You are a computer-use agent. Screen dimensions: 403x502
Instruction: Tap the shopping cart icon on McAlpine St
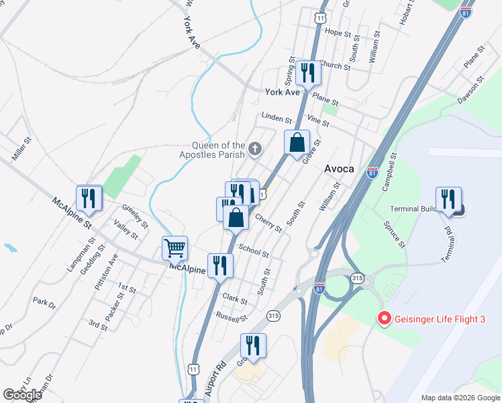click(x=175, y=248)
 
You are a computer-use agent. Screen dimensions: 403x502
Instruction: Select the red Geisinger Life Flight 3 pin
click(x=385, y=319)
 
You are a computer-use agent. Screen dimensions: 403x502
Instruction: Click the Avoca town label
click(x=339, y=169)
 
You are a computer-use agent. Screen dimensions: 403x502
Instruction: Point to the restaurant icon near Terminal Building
click(x=448, y=199)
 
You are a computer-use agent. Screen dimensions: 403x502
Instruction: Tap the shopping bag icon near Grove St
click(x=297, y=143)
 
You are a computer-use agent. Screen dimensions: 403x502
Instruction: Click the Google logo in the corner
click(x=22, y=395)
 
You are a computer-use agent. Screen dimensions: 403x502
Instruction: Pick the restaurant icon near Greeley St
click(x=89, y=198)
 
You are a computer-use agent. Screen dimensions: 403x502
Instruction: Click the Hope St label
click(x=338, y=32)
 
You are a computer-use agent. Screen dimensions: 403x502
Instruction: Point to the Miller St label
click(x=22, y=150)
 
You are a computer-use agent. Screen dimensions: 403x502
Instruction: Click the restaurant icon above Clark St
click(x=220, y=265)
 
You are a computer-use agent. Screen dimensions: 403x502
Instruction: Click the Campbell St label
click(x=389, y=173)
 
